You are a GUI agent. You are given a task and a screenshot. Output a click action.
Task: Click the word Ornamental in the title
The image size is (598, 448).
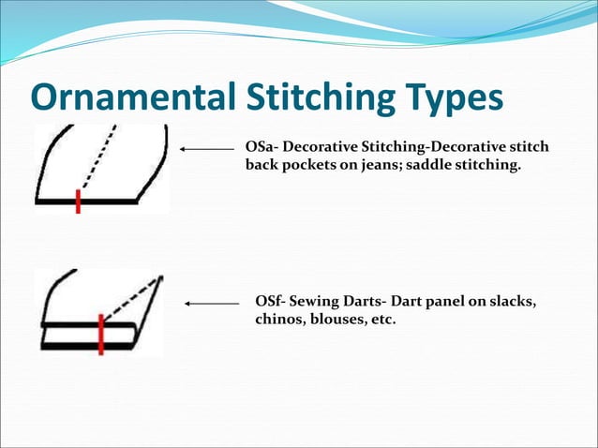click(x=131, y=98)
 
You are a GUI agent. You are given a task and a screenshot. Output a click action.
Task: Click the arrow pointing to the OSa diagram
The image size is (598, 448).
click(x=206, y=148)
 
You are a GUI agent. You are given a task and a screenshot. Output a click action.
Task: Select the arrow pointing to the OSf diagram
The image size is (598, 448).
click(x=212, y=303)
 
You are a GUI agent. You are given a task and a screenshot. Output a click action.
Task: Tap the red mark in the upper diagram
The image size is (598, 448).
click(x=78, y=202)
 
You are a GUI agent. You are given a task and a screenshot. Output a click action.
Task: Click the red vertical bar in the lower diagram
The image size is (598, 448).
click(x=100, y=334)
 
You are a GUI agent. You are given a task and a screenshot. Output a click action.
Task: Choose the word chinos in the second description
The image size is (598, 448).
click(x=278, y=320)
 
